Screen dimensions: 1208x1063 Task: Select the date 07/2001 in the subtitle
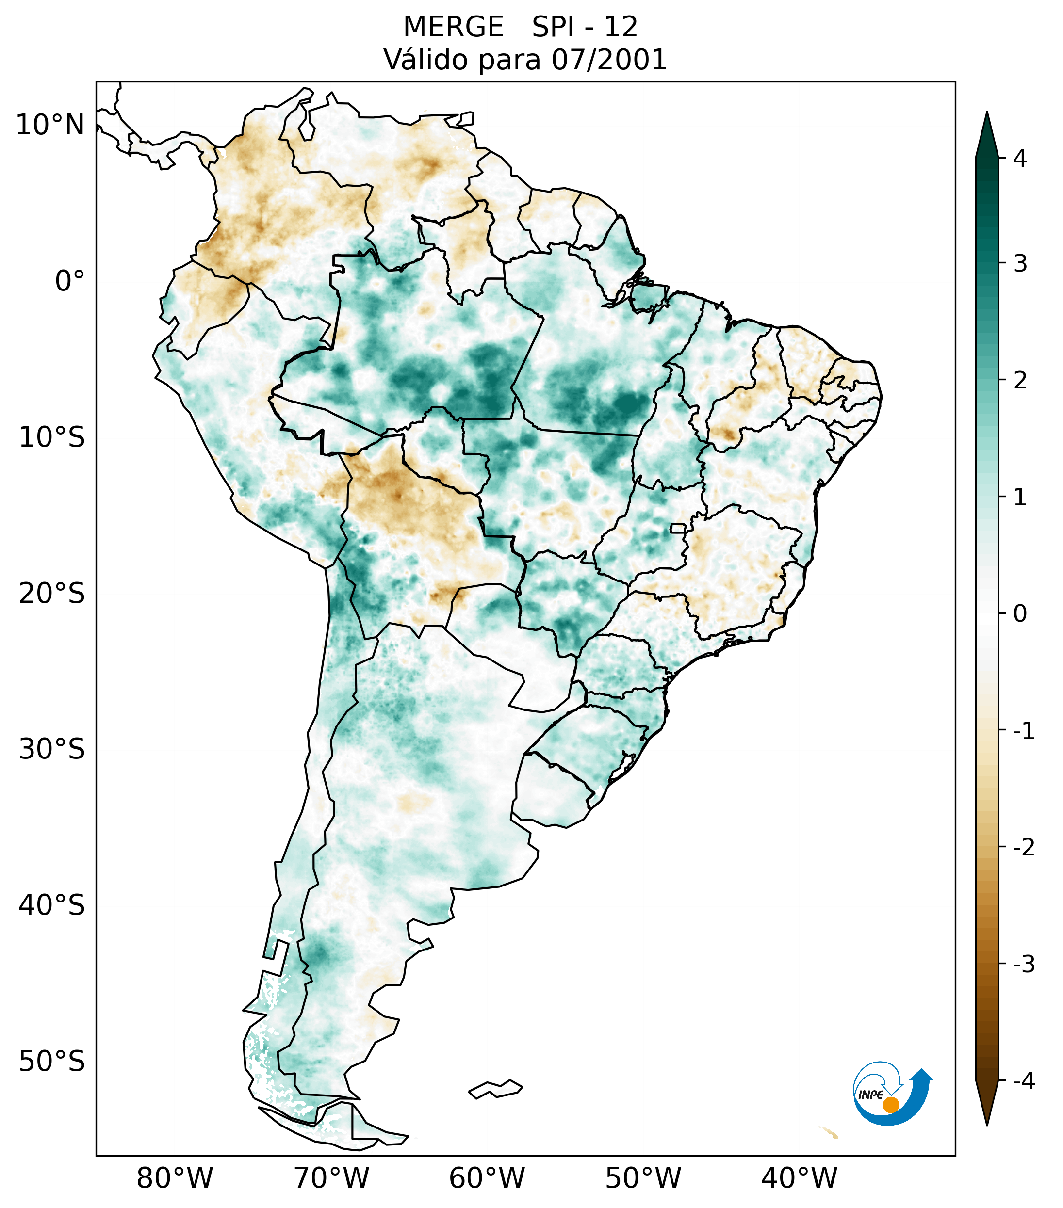(x=609, y=60)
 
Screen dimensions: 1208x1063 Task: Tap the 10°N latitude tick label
(x=50, y=125)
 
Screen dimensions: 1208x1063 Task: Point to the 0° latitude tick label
(x=70, y=281)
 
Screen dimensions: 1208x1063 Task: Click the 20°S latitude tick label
(x=52, y=594)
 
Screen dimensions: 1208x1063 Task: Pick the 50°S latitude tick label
(x=52, y=1062)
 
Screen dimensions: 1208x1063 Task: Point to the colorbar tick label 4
(x=1020, y=159)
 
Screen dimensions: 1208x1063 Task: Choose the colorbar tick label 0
(x=1020, y=614)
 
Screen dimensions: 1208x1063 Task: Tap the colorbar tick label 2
(x=1020, y=381)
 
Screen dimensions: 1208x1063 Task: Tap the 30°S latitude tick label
(x=52, y=749)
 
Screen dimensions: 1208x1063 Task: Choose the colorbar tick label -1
(x=1023, y=731)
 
